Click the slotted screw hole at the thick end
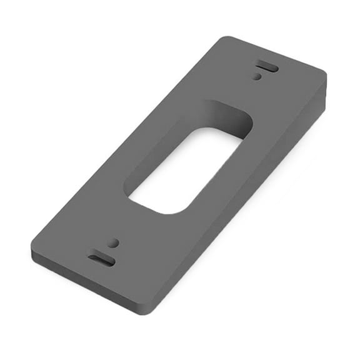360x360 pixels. pyautogui.click(x=266, y=66)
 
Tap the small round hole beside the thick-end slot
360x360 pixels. pyautogui.click(x=257, y=77)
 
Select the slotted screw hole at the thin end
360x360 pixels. pyautogui.click(x=101, y=259)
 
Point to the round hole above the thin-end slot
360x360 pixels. pyautogui.click(x=113, y=242)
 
